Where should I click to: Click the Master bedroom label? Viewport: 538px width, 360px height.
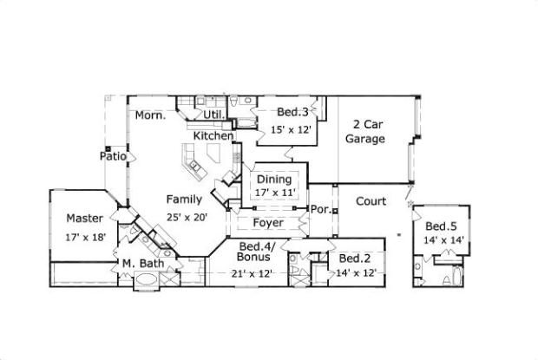(85, 219)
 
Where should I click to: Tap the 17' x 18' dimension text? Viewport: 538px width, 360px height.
(85, 237)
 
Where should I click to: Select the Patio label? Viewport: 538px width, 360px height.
(114, 157)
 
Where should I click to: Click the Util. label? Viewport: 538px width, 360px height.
(214, 115)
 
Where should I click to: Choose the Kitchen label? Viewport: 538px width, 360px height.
(213, 136)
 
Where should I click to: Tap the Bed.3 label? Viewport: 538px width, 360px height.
(292, 111)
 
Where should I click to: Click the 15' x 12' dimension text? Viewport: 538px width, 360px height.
(292, 129)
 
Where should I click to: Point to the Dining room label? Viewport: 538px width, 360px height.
(273, 180)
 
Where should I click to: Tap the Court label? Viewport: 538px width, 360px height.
(371, 201)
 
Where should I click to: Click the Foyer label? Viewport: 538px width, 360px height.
(268, 223)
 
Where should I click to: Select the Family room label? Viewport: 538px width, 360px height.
(185, 200)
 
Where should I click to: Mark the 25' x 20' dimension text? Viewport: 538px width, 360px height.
(187, 218)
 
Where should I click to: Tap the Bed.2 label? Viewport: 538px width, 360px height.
(356, 259)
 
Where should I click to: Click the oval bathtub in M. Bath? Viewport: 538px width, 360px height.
(146, 280)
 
